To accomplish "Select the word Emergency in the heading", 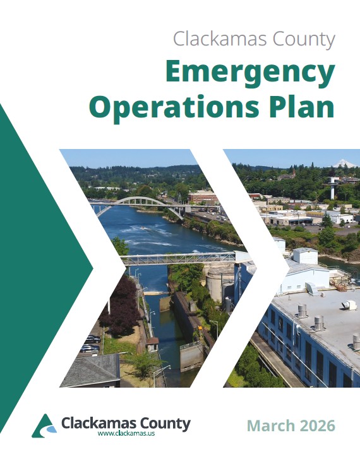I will [249, 75].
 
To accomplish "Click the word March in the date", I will [268, 425].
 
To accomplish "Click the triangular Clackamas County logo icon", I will [44, 426].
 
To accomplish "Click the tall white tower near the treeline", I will [332, 188].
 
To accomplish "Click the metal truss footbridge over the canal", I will [180, 258].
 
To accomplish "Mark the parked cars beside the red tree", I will [90, 343].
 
